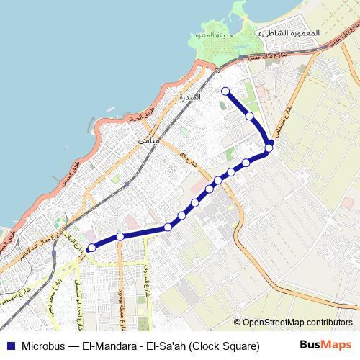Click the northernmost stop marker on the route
point(225,91)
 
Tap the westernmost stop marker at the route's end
point(91,248)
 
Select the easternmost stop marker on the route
point(269,148)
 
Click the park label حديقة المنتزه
point(212,34)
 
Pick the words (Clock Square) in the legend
point(225,346)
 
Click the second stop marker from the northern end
point(249,115)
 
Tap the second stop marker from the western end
point(120,236)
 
